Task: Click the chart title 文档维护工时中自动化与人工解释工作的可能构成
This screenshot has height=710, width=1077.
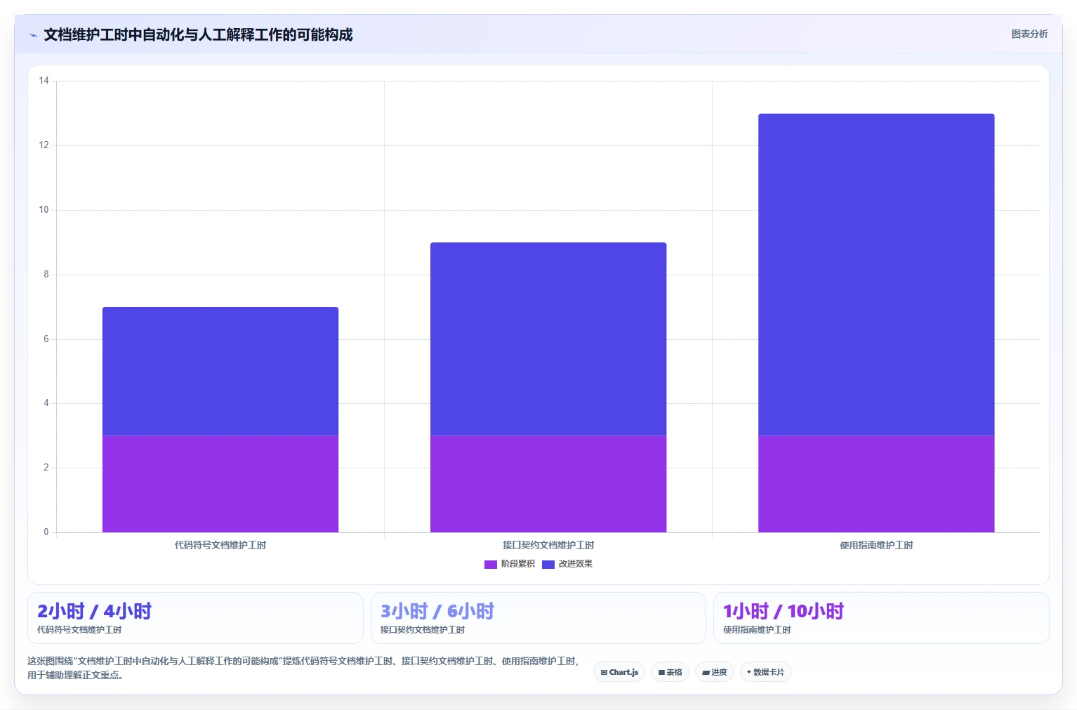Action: coord(198,34)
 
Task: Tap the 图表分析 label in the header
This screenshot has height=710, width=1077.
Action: coord(1029,34)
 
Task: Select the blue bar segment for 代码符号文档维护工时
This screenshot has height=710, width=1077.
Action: coord(220,372)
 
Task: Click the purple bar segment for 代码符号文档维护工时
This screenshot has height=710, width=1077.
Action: coord(220,484)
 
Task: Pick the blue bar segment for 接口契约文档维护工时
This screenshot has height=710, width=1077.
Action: coord(548,339)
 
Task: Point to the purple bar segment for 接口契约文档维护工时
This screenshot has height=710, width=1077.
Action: coord(548,484)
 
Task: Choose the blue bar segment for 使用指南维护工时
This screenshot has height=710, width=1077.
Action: coord(876,275)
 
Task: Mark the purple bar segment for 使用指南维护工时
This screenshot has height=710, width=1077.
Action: coord(876,484)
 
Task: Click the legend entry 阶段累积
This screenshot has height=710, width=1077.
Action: coord(510,564)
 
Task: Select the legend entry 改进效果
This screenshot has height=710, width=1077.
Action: coord(567,564)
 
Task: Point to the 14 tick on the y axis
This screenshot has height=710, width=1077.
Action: coord(44,80)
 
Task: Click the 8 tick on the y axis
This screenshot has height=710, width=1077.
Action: coord(46,274)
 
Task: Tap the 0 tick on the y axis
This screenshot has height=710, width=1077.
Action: coord(46,532)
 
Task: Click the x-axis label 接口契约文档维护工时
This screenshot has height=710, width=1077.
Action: coord(548,545)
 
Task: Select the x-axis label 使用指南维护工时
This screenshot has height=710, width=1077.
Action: coord(876,545)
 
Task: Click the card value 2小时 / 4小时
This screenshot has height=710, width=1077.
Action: coord(94,611)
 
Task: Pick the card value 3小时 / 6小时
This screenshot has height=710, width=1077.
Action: coord(437,611)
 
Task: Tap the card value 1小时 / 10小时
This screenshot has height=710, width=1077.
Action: coord(784,611)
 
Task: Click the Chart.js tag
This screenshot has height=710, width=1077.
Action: coord(619,672)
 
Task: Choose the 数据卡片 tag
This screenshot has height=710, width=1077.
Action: coord(765,672)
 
